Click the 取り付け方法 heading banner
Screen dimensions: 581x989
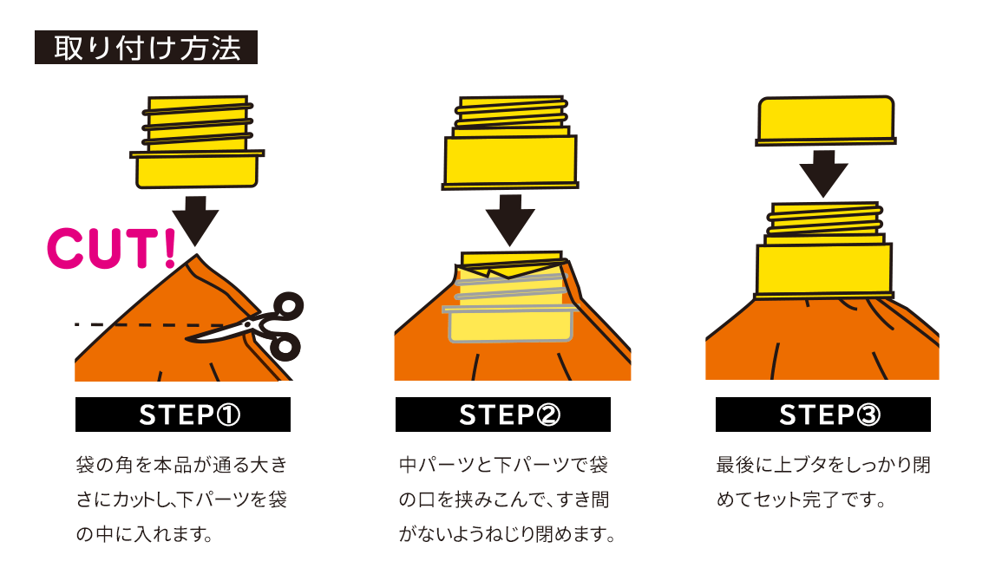(x=146, y=48)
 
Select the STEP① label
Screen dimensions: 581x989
(x=183, y=415)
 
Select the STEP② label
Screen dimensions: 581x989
(x=503, y=415)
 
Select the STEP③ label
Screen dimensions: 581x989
(x=822, y=415)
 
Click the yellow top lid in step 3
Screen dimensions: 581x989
(x=826, y=119)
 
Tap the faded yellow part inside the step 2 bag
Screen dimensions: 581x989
(x=509, y=304)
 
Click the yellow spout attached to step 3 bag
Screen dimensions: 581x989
(x=823, y=251)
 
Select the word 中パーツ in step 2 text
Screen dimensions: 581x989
(x=434, y=466)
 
